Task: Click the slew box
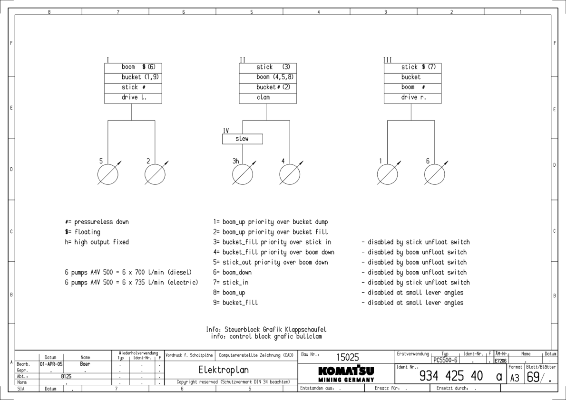pos(242,139)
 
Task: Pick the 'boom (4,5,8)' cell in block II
pos(268,77)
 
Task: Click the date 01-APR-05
pos(51,363)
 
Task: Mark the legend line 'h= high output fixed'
pos(97,242)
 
